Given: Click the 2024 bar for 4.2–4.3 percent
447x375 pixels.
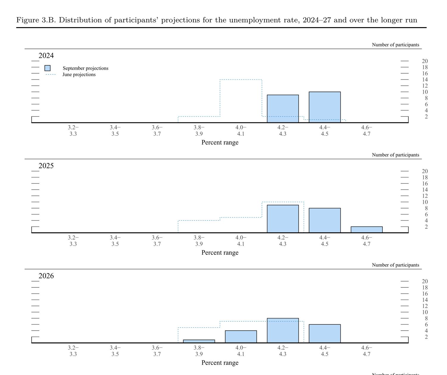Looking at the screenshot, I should (283, 109).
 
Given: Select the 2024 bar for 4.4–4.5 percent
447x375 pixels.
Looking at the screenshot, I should (325, 107).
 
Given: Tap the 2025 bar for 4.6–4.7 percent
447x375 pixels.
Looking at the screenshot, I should (367, 230).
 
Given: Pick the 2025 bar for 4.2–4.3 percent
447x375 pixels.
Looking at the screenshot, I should (283, 219).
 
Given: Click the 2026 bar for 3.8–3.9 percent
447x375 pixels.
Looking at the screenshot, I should (199, 341).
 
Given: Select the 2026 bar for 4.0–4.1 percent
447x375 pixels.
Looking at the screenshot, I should (241, 337).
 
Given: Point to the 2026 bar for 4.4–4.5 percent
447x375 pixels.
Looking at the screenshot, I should (325, 334).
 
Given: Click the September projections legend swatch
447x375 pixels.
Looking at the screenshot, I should (47, 68).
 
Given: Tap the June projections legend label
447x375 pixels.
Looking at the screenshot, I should (79, 74).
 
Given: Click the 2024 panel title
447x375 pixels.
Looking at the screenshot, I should (46, 56).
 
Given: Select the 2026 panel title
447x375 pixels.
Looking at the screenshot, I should (46, 276).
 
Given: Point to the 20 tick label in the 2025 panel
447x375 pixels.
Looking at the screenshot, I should (425, 171).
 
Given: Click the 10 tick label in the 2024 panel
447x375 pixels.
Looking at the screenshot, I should (425, 92).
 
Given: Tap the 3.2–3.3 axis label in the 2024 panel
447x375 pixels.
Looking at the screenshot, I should (73, 131).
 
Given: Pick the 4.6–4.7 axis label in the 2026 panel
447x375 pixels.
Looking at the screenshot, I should (367, 351).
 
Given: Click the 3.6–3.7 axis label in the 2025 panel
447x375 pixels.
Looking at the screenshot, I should (157, 241).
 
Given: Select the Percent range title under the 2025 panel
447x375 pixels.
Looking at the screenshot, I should (220, 253).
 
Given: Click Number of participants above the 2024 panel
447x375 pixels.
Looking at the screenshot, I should (395, 45).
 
